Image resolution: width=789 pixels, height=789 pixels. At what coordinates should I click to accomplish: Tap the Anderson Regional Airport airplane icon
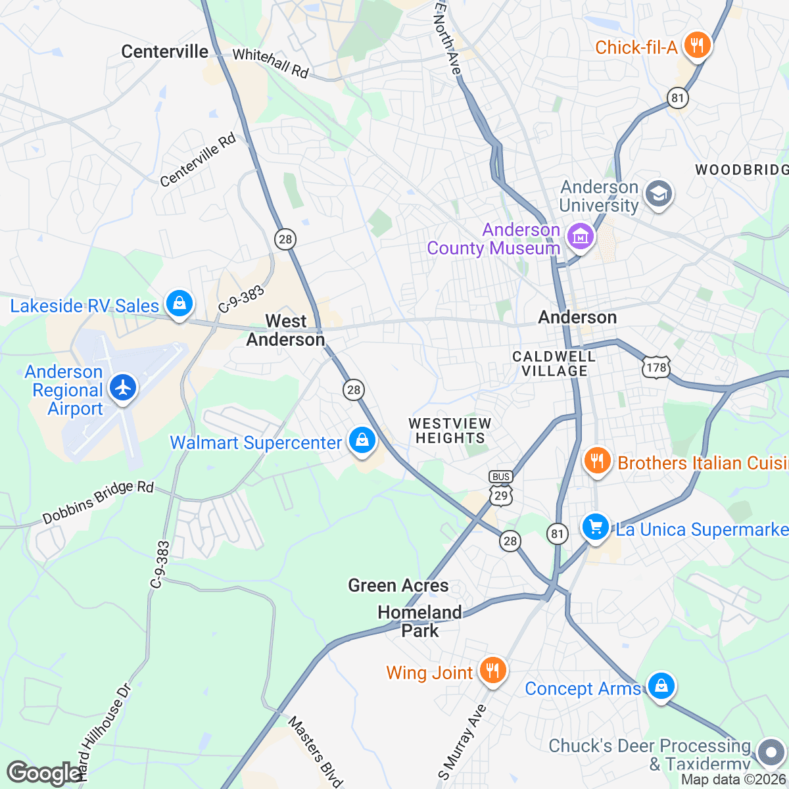pos(123,388)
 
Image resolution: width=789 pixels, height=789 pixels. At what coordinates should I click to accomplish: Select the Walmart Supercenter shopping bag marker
pos(362,441)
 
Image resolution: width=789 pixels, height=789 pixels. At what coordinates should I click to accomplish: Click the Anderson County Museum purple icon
pos(581,237)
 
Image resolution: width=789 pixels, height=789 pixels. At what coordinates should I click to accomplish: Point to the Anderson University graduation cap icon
pos(657,195)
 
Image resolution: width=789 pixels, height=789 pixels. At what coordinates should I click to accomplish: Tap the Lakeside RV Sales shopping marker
pos(179,304)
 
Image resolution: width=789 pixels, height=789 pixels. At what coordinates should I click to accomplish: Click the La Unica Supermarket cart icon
pos(596,527)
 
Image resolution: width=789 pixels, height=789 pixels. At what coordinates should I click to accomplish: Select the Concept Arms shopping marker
pos(661,686)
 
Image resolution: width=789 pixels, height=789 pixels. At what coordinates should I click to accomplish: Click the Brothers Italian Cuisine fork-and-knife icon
pos(597,461)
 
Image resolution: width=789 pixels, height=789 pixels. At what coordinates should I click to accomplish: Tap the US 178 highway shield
pos(656,367)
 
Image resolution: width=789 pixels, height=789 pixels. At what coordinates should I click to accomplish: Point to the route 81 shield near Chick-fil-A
pos(677,99)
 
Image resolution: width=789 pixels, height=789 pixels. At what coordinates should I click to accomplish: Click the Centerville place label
pos(164,52)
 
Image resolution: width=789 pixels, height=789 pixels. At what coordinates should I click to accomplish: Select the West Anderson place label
pos(285,330)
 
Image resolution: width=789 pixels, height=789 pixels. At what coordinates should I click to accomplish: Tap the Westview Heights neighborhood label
pos(450,431)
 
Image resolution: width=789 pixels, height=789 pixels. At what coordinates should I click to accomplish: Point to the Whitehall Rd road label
pos(270,63)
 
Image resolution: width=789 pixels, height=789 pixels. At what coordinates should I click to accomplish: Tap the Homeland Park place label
pos(419,621)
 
